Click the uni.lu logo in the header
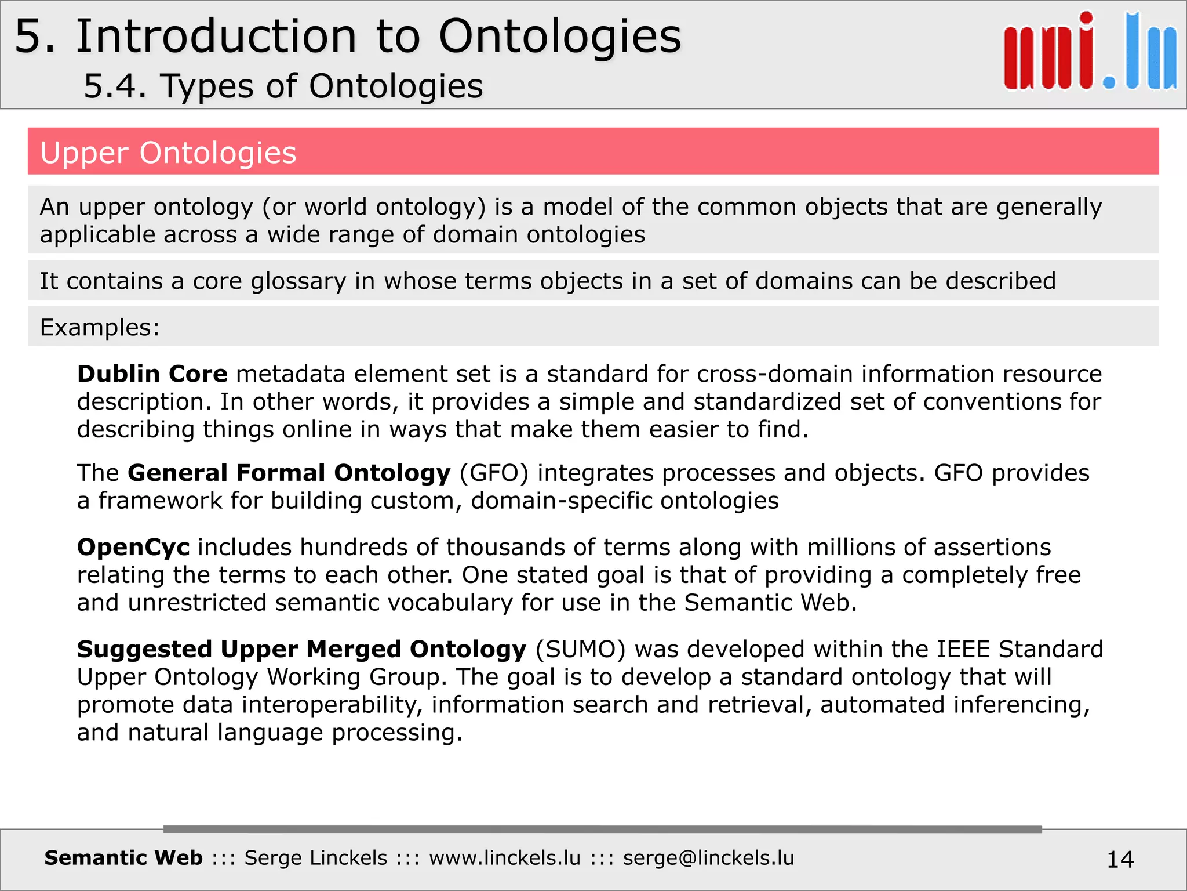point(1090,52)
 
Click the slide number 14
point(1120,859)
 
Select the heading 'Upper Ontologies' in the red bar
point(168,153)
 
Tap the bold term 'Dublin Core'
point(152,374)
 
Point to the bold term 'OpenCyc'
point(133,548)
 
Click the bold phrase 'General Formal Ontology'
point(289,473)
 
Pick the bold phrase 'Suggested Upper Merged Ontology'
point(301,650)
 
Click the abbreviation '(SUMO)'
point(580,650)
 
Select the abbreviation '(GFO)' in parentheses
point(494,473)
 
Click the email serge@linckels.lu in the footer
point(708,858)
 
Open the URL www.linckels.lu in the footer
point(504,858)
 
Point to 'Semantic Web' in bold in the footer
point(123,858)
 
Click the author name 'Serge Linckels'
point(316,858)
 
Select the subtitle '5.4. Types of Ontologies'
point(283,86)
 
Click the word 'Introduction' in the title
point(216,37)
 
